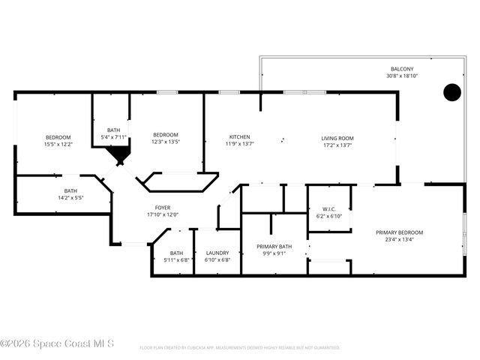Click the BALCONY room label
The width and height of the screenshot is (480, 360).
tap(400, 69)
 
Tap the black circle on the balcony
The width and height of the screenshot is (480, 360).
tap(451, 92)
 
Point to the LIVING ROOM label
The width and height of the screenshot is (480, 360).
tap(337, 138)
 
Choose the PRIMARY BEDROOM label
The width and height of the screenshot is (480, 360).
tap(399, 232)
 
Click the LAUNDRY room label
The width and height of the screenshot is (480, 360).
tap(217, 253)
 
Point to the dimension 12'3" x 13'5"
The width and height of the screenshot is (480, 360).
tap(166, 142)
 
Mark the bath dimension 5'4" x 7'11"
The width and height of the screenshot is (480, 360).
tap(113, 137)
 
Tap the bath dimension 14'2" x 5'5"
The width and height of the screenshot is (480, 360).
tap(70, 198)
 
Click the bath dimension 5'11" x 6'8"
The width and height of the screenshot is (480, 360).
tap(176, 259)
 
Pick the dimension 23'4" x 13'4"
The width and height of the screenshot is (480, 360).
tap(399, 240)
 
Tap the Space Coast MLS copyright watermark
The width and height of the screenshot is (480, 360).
tap(57, 343)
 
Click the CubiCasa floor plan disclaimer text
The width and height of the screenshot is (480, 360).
tap(240, 348)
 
